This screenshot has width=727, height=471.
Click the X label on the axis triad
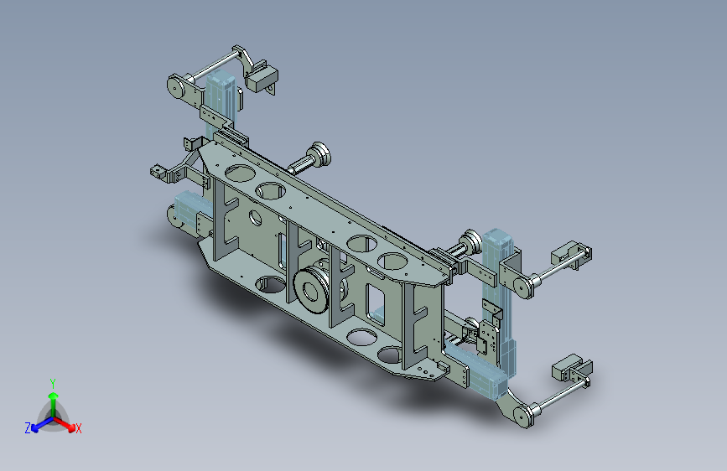tap(78, 428)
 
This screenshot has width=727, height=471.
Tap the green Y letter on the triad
tap(53, 383)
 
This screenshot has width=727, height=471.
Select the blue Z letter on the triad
tap(28, 428)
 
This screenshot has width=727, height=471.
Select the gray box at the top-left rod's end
tap(262, 76)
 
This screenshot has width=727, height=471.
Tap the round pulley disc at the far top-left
tap(175, 86)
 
